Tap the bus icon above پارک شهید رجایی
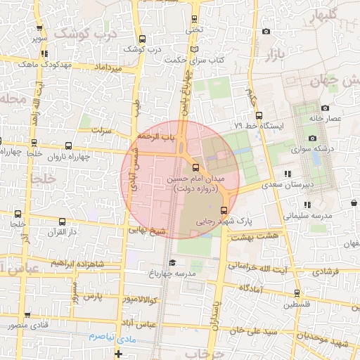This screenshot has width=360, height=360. tap(224, 210)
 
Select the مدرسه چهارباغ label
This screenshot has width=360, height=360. tap(172, 273)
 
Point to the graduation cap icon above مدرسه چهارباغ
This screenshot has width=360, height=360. tap(172, 263)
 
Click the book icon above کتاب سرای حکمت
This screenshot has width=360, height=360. tap(194, 49)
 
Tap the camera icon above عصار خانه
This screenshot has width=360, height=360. tap(325, 108)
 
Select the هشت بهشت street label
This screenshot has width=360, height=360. tap(263, 236)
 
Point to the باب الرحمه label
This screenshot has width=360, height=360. tap(155, 135)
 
